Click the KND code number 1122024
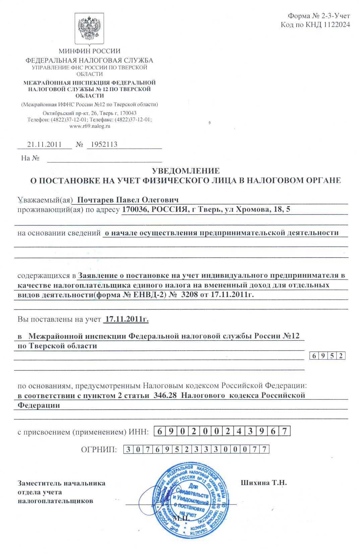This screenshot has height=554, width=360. [x=333, y=24]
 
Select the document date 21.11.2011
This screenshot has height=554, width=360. [x=44, y=144]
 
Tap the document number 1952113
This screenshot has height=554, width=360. [x=102, y=144]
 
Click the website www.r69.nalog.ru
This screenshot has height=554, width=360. [x=89, y=126]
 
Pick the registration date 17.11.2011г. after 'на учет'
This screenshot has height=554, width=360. [x=127, y=319]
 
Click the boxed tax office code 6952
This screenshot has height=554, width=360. [x=327, y=356]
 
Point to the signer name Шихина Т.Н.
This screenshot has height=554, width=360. [x=264, y=483]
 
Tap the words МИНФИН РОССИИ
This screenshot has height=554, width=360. [x=89, y=51]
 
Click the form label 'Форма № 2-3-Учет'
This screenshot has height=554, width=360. [x=319, y=16]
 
